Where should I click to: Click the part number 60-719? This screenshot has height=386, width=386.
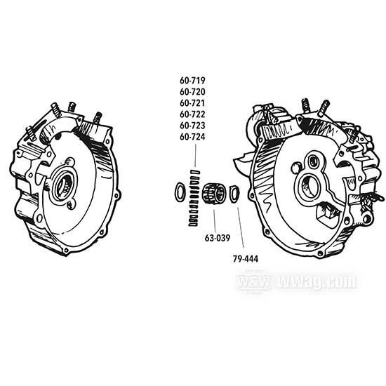(x=192, y=81)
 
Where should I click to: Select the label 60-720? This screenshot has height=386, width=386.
(x=192, y=92)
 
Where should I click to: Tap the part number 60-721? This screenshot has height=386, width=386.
(x=192, y=103)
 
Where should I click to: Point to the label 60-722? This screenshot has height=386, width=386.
(x=192, y=114)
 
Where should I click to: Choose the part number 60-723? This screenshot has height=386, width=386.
(x=192, y=126)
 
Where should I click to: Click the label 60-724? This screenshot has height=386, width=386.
(x=192, y=137)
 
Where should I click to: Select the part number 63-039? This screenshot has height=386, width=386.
(x=218, y=238)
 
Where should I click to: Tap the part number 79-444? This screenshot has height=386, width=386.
(x=246, y=259)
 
